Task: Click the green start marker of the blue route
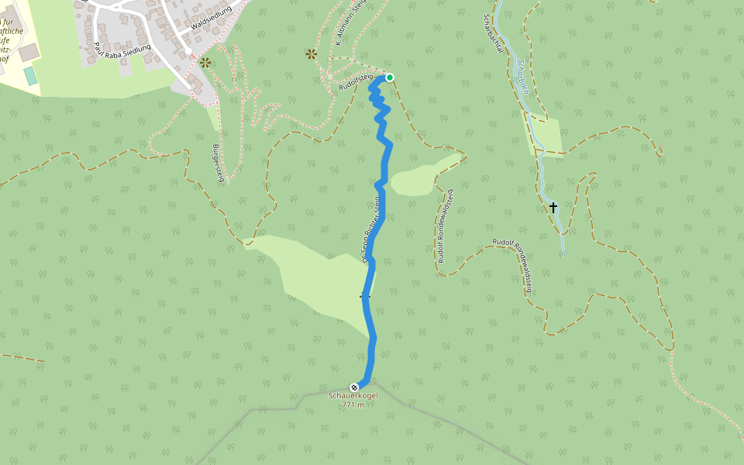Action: tap(390, 77)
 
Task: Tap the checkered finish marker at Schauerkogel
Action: tap(354, 387)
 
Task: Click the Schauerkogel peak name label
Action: tap(353, 396)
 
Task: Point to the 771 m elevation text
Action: tap(353, 405)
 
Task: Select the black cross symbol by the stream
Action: tap(553, 207)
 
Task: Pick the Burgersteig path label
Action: tap(219, 162)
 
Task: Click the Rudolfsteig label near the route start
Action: tap(356, 84)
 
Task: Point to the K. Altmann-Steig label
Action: tap(350, 24)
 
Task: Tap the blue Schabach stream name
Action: tap(523, 77)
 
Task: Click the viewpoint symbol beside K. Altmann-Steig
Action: tap(311, 53)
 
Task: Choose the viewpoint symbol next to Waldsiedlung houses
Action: tap(205, 62)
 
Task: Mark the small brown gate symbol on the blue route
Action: tap(365, 295)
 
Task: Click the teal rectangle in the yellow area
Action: tap(30, 76)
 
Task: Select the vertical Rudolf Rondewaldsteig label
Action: tap(445, 226)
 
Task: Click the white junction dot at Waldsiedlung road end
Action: tap(188, 52)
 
